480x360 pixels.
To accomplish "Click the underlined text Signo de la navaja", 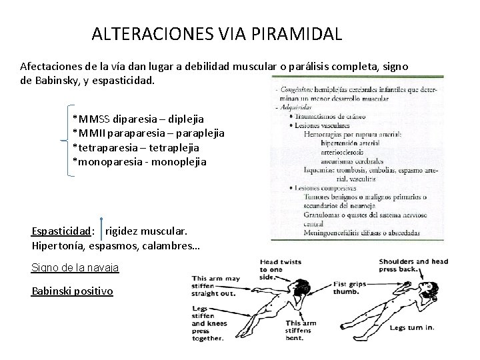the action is [x=75, y=268].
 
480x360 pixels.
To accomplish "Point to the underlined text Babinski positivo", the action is [x=72, y=292].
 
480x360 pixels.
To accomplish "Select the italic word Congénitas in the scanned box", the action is [x=297, y=88].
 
